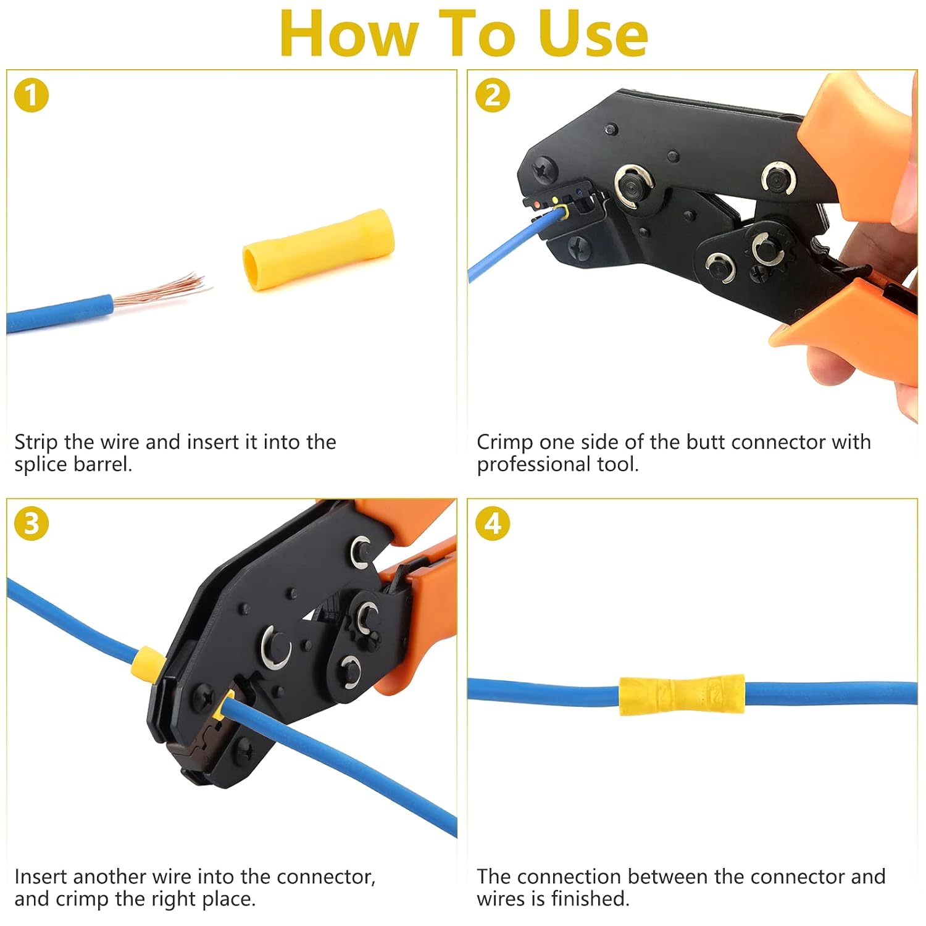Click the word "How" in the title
tap(348, 34)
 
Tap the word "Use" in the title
tap(593, 34)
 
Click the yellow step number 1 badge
tap(31, 96)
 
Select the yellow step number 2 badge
tap(493, 96)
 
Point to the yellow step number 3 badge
tap(31, 524)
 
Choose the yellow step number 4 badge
tap(493, 524)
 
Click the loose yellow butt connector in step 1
tap(318, 249)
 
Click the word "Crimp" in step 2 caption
tap(504, 443)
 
